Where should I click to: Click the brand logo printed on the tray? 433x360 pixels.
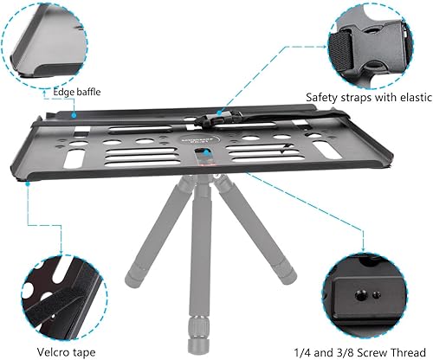(198, 138)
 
